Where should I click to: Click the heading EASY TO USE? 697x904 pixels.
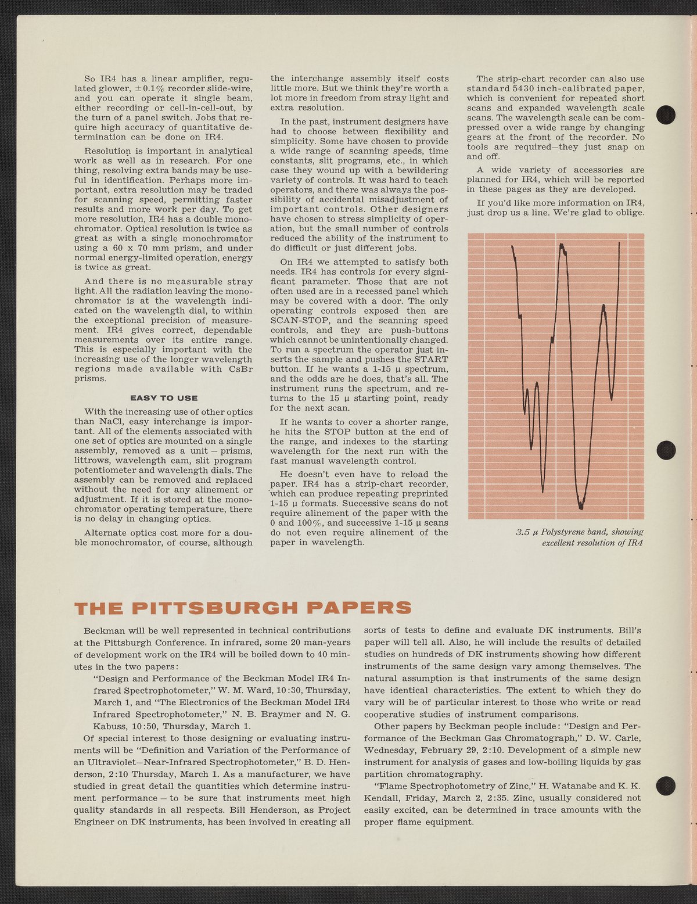pos(164,398)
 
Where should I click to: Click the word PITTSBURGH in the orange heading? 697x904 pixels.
pos(214,608)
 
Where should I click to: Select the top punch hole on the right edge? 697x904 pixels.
pos(666,114)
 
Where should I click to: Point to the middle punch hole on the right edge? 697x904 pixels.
pos(666,449)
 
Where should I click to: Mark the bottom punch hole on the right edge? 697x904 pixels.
pos(666,785)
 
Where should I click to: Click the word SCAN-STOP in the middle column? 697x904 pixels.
pos(298,321)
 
